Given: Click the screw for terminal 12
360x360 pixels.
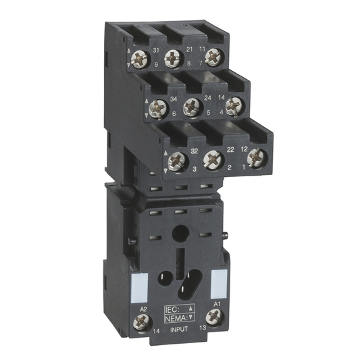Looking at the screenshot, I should click(255, 157).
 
